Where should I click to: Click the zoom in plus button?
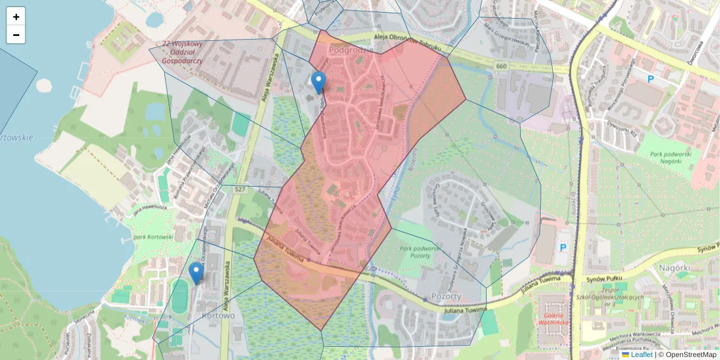coord(16,17)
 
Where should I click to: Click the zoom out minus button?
coord(16,35)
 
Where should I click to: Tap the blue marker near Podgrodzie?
coord(319,82)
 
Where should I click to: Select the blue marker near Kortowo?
coord(196,273)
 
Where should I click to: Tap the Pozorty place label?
coord(446,296)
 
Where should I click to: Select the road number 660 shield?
coord(502,65)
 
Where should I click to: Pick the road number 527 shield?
coord(240,190)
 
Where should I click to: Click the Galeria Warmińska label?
coord(554,320)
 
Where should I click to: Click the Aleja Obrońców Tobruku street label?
coord(407,42)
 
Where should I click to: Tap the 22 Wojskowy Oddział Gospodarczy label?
coord(182,52)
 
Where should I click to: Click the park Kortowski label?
coord(153,237)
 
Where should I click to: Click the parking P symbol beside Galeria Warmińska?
coord(563,247)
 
